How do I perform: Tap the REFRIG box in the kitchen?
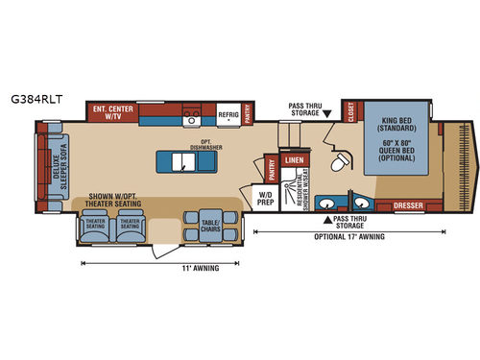coord(228,113)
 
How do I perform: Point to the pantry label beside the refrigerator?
coord(249,113)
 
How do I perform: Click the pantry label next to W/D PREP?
coord(272,171)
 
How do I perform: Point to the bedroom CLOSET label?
coord(348,113)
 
